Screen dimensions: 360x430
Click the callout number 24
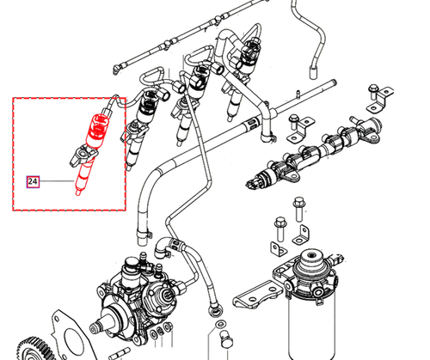pyautogui.click(x=33, y=182)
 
